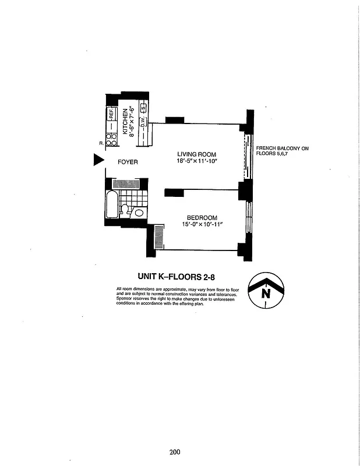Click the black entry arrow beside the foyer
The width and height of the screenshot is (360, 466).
[x=98, y=161]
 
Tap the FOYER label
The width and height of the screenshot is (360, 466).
[x=128, y=162]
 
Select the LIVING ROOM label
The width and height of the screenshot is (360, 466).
[x=197, y=154]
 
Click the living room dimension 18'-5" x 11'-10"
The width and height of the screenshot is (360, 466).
[x=197, y=161]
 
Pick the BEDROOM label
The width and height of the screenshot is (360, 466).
[x=202, y=217]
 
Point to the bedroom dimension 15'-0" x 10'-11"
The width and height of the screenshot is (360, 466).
[x=202, y=224]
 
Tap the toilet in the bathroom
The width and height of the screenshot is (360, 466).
[x=125, y=210]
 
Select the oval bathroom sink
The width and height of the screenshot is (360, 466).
[x=139, y=213]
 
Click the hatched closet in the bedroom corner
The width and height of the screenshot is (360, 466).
[x=157, y=239]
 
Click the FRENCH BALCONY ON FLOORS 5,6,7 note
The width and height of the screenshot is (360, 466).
[x=282, y=151]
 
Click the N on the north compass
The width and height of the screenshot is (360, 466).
[x=266, y=293]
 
